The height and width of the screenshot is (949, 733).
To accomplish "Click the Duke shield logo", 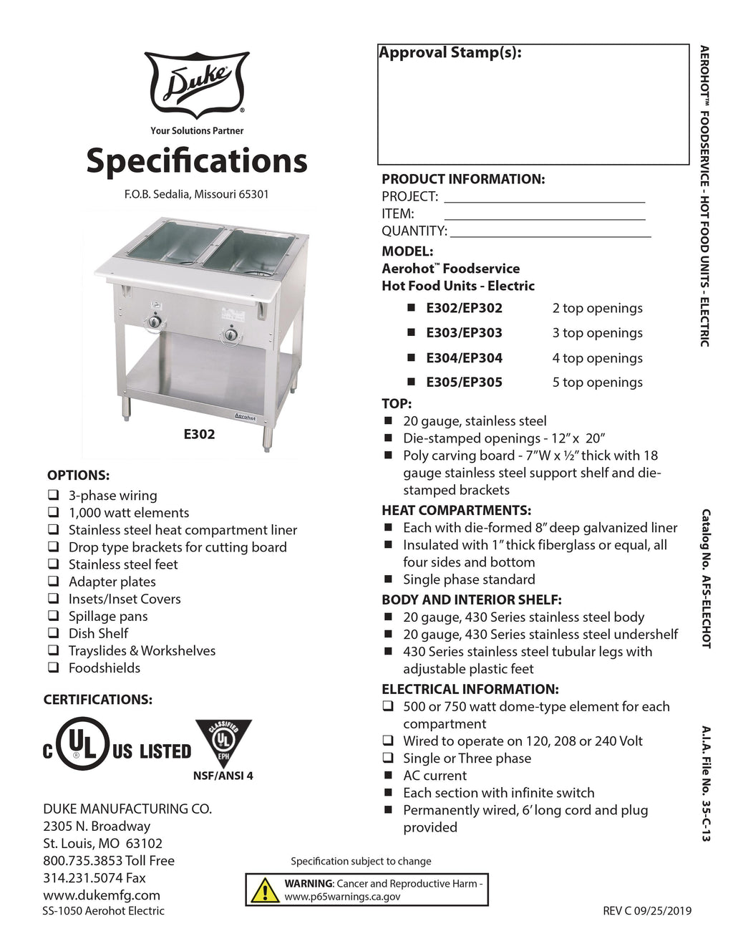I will pos(197,85).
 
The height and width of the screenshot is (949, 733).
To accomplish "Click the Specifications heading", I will pos(197,160).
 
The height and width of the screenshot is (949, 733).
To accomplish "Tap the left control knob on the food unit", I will pos(154,322).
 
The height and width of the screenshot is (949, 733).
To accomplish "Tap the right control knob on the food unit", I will pos(230,334).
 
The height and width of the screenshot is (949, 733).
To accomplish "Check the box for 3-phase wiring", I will pos(54,495).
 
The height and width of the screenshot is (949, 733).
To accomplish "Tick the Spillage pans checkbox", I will pos(54,616).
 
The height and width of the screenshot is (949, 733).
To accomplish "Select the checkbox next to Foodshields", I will pos(54,668).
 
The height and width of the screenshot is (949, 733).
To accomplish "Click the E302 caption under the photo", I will pos(199,434).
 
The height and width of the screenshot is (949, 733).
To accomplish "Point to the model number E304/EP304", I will pos(464,357).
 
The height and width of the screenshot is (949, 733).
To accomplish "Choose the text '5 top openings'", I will pos(597,382).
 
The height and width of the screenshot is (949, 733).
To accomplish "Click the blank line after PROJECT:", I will pos(544,198).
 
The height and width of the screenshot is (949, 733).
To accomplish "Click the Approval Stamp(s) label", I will pos(450,53).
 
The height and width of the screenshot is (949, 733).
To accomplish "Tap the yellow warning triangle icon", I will pos(265,890).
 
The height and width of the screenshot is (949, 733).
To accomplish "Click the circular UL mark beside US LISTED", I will pos(82,744).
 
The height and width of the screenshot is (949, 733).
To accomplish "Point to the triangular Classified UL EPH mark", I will pos(223,742).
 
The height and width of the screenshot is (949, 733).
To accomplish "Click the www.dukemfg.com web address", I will pos(102,895).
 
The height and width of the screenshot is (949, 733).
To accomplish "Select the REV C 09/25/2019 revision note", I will pos(647,911).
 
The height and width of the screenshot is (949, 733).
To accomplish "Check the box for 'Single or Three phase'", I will pos(388,758).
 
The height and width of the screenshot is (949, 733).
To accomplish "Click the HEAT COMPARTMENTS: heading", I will pos(456,510).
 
